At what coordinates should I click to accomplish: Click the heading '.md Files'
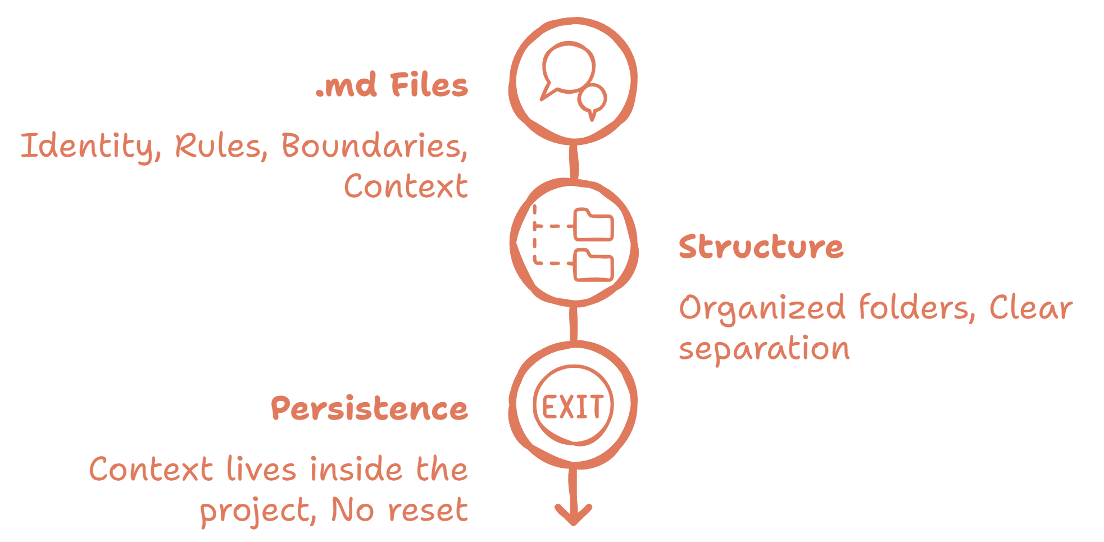coord(392,86)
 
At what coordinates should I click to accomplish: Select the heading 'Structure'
coord(761,247)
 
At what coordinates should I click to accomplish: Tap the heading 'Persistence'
coord(369,408)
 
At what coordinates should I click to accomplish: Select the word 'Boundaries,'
coord(374,146)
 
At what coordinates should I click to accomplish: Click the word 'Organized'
coord(762,308)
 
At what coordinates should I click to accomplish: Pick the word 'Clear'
coord(1030,308)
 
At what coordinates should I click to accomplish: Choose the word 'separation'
coord(764,349)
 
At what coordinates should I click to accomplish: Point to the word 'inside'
coord(356,470)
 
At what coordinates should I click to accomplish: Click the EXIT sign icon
coord(573,406)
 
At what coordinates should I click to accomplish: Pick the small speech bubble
coord(593,100)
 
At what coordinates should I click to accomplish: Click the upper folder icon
coord(593,225)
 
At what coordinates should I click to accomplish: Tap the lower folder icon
coord(593,266)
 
